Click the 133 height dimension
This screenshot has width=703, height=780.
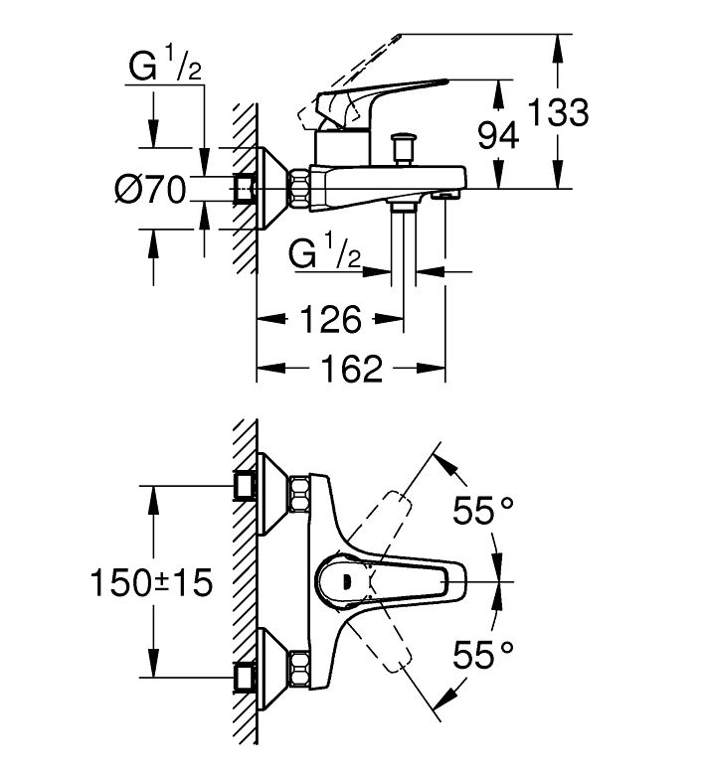(558, 112)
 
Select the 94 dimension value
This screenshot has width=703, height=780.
(498, 136)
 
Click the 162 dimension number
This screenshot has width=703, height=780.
(352, 368)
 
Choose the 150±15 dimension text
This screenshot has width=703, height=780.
(152, 582)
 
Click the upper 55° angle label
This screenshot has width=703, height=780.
(482, 511)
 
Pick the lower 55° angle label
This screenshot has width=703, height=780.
(482, 655)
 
